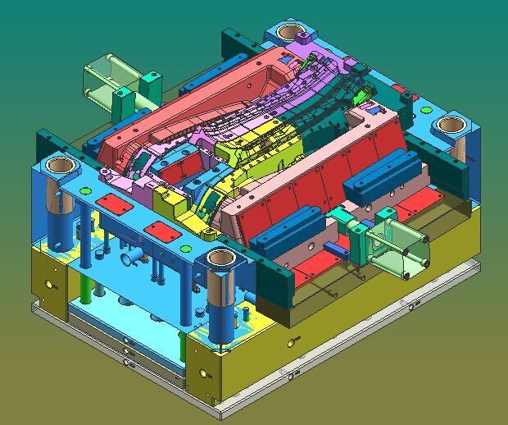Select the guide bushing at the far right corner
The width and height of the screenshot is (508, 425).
coord(449,125)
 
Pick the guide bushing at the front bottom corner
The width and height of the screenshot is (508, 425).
coord(220,259)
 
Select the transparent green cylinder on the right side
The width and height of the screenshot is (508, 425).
coord(398,245)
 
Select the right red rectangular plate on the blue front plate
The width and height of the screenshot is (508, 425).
coord(161,232)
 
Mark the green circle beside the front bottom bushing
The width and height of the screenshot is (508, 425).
coord(185,248)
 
